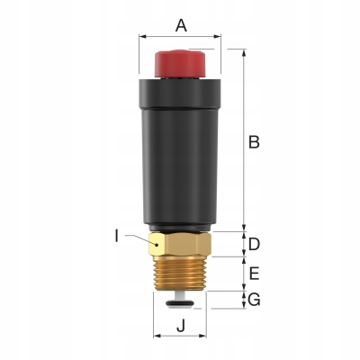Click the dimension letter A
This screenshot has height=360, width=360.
coord(180,26)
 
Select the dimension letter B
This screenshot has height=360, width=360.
coord(255,141)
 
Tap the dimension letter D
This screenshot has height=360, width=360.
coord(255,244)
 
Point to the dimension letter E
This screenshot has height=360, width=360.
coord(255,273)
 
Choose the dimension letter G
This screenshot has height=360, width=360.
coord(255,300)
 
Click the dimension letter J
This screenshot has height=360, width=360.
coord(181,328)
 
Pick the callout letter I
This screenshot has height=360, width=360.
coord(117,237)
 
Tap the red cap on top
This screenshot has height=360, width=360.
coord(181,64)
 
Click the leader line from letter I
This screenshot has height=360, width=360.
coord(139,238)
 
